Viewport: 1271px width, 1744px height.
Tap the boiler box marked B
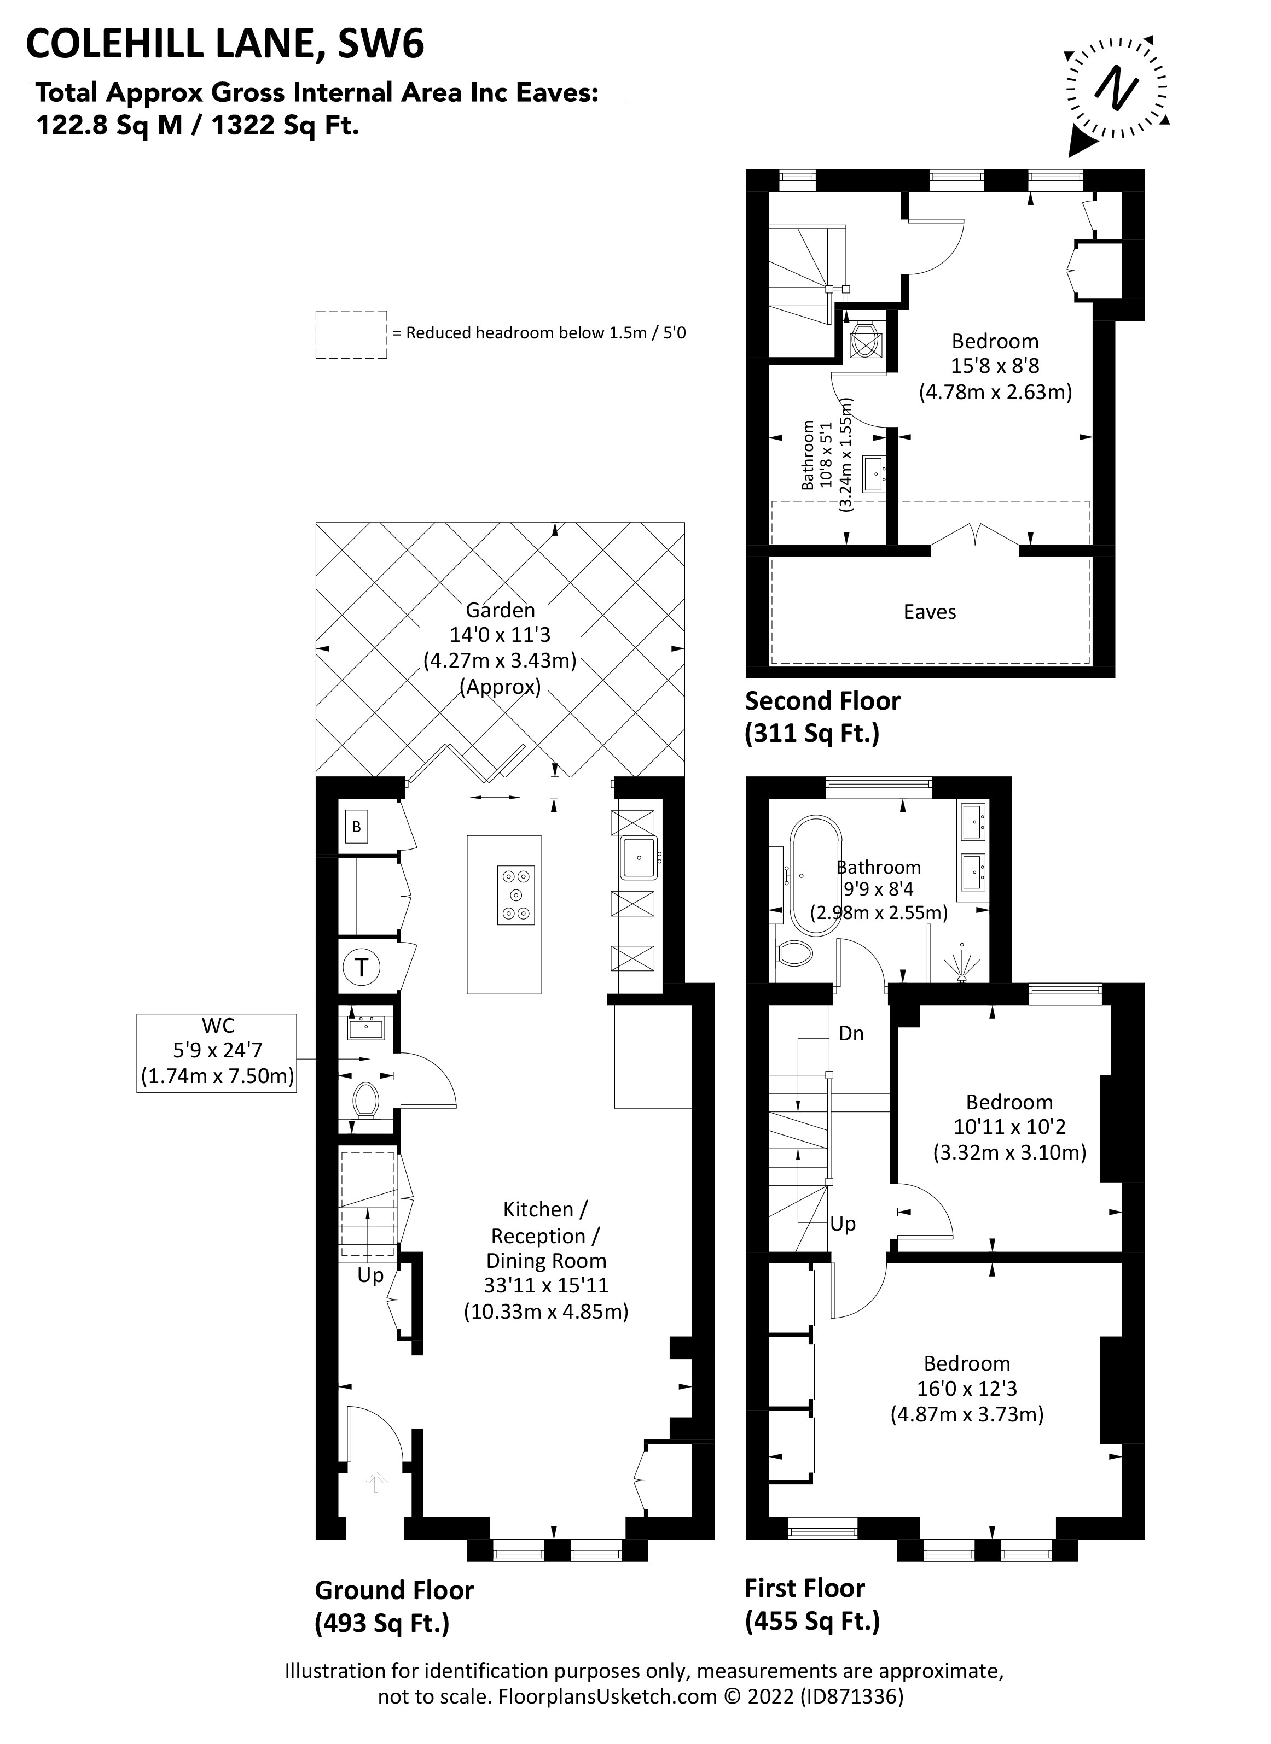(356, 827)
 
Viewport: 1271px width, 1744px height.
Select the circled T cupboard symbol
(362, 967)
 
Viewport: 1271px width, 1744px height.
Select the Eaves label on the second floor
(930, 612)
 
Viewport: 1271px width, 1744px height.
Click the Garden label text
(500, 610)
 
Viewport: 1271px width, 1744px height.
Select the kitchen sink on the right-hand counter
(638, 858)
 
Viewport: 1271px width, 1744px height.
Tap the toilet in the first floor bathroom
(796, 954)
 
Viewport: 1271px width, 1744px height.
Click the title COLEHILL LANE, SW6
(225, 45)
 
